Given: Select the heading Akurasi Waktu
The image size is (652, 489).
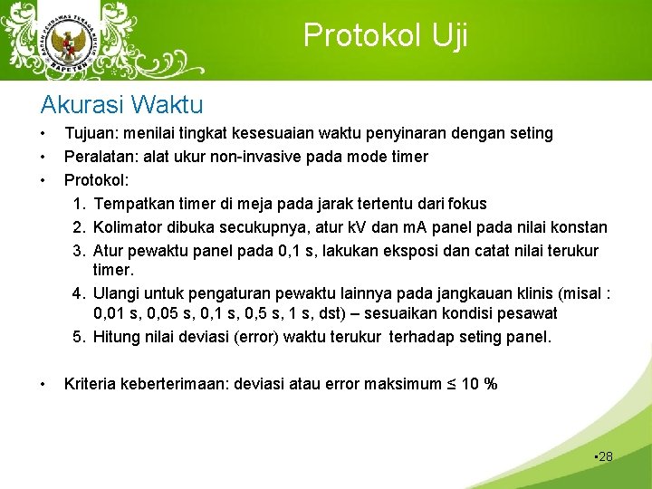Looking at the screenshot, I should coord(121,105).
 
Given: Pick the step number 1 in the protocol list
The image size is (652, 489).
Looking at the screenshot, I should coord(79,204).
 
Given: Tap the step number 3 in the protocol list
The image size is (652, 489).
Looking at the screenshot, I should coord(79,250).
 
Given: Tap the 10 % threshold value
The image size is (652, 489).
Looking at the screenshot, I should coord(480,383).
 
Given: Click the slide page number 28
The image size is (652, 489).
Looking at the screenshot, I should coord(605,456).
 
